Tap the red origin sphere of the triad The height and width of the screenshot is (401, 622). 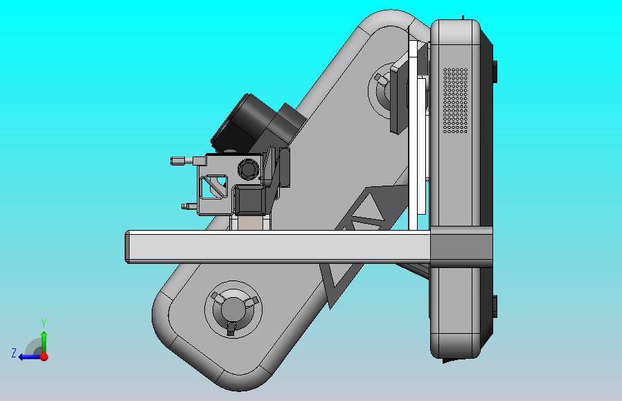[x=44, y=357]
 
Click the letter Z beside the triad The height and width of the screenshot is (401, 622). [x=14, y=353]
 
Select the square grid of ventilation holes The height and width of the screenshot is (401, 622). [x=455, y=100]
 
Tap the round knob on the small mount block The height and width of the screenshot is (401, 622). [x=247, y=168]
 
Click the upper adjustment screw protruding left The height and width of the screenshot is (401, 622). [x=182, y=161]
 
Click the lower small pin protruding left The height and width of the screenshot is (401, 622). [x=187, y=206]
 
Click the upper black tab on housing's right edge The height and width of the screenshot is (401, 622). [x=495, y=71]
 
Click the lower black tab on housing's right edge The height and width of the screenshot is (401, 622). [x=495, y=305]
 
